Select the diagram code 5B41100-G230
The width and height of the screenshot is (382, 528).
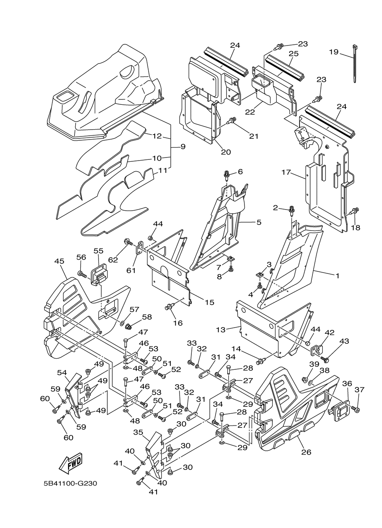point(70,484)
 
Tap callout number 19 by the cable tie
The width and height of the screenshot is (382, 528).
point(334,52)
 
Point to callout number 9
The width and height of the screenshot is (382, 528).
point(183,146)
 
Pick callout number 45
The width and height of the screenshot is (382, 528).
point(59,261)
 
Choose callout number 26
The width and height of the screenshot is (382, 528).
point(306,452)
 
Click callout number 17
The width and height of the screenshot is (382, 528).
point(286,172)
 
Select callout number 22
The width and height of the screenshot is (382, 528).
point(250,112)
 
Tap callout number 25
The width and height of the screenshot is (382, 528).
point(293,53)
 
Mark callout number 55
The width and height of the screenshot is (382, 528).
point(99,251)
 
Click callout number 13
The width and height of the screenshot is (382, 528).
point(232,329)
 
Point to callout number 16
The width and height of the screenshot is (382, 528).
point(178,323)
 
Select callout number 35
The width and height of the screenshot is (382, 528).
point(138,432)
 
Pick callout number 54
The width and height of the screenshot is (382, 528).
point(62,372)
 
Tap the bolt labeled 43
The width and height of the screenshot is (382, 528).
point(325,359)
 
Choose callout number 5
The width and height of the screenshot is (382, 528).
point(259,222)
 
